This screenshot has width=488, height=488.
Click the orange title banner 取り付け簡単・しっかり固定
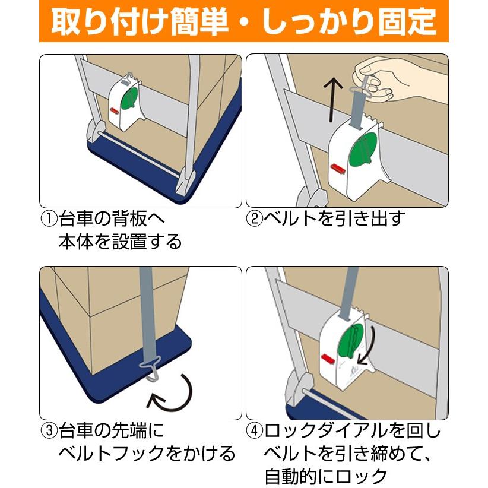[243, 21]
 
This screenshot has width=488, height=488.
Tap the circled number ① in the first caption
[48, 219]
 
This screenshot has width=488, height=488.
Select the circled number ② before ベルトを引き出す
[254, 219]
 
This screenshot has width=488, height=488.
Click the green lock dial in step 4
[350, 345]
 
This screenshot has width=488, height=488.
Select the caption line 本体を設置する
[119, 242]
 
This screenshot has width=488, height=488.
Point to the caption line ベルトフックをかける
[147, 454]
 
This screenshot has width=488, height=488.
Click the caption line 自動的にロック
[326, 476]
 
